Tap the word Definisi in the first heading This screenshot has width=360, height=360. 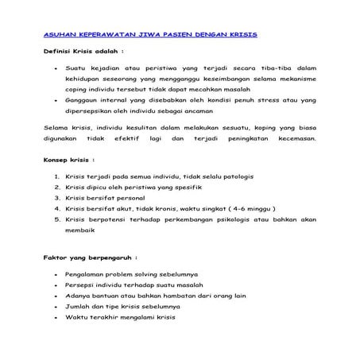point(59,50)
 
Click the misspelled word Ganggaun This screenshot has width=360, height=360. point(86,101)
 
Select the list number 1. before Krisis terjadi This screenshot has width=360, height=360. point(56,177)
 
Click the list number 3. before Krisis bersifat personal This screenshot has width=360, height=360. point(56,198)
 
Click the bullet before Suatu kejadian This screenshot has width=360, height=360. point(53,70)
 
